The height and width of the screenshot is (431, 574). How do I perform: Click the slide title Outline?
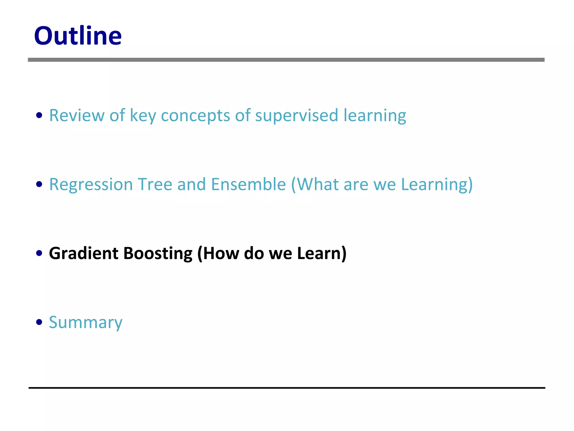point(78,36)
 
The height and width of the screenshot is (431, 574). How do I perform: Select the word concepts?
point(195,115)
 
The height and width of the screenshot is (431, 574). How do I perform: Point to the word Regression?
point(91,185)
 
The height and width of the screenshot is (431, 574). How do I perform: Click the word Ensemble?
point(248,184)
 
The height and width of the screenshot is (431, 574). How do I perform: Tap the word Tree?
point(155,184)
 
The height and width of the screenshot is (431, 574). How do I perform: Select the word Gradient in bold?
point(84,253)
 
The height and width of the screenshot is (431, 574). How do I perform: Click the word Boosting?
point(158,253)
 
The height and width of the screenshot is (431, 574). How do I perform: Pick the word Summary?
point(85,322)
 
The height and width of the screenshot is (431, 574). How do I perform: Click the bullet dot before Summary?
point(39,322)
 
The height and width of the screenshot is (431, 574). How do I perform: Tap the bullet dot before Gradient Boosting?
point(39,253)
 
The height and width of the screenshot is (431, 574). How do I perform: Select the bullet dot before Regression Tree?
point(39,184)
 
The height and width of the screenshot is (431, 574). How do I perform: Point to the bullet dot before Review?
point(39,115)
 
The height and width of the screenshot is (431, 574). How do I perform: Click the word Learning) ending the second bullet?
point(437,184)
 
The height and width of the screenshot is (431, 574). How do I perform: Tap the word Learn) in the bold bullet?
point(321,253)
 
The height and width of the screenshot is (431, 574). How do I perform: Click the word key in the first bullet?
point(143,115)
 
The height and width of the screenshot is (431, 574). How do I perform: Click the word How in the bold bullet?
point(219,253)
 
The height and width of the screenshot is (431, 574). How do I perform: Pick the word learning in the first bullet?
point(375,115)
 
